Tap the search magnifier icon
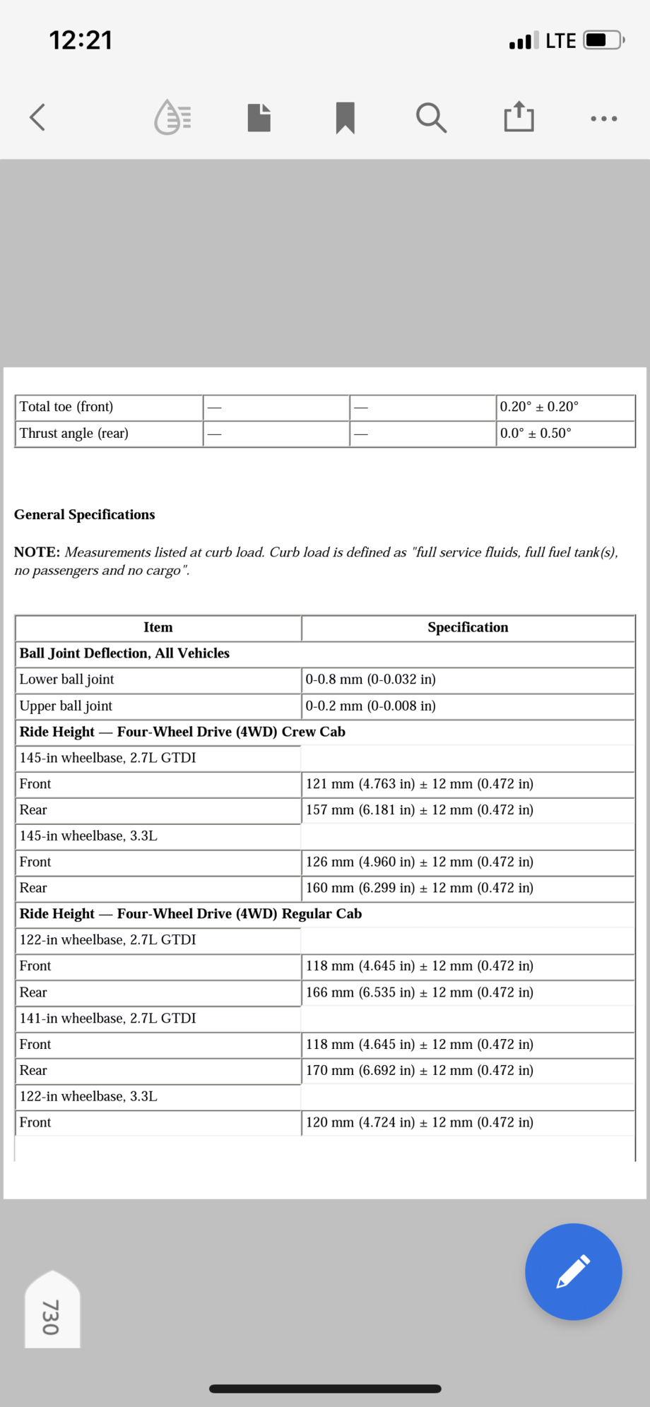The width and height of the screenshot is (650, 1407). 430,117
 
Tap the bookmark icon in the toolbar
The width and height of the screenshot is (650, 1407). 345,117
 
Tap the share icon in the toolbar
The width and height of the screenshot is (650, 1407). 519,117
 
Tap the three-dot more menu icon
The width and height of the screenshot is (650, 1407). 604,119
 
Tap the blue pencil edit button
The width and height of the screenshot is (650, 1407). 573,1271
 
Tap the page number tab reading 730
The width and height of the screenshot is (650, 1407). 52,1315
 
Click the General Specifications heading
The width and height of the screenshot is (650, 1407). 85,514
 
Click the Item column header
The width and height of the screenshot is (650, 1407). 158,627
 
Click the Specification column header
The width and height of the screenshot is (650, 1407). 468,627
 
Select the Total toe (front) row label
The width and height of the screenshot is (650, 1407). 66,407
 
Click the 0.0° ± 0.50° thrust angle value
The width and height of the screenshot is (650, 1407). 536,433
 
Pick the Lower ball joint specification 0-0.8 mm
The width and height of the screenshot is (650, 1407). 370,679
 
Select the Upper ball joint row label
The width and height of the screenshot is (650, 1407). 66,706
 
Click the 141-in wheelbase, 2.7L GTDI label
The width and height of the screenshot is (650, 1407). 107,1018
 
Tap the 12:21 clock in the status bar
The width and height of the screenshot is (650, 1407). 81,40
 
